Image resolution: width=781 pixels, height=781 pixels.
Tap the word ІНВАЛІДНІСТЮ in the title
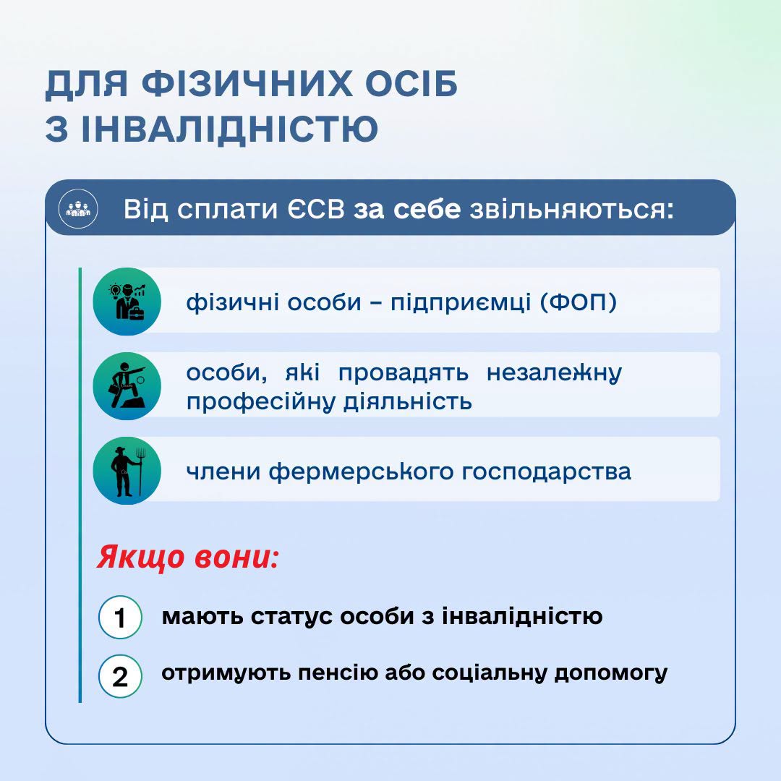229,128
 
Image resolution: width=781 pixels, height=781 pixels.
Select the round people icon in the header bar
78,209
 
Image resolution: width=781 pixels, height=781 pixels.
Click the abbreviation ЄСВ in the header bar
316,209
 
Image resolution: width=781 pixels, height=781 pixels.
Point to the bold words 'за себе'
407,209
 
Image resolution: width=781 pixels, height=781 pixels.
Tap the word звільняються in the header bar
572,210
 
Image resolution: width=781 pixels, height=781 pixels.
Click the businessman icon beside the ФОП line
127,302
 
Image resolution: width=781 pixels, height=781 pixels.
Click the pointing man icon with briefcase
127,386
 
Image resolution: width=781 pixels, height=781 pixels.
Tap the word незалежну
554,373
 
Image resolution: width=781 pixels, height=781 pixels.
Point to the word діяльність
408,401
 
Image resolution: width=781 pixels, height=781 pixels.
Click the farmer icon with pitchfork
127,471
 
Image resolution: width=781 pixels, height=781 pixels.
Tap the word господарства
547,471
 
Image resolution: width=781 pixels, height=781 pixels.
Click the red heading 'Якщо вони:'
187,556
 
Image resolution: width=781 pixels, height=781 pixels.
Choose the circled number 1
120,617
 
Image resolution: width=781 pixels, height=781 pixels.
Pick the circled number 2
120,676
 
